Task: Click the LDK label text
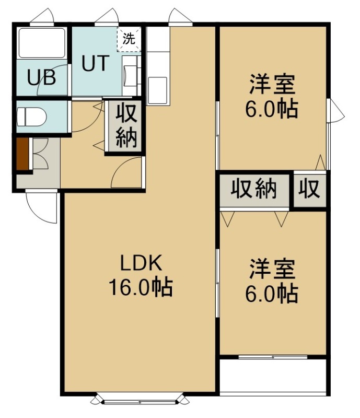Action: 141,263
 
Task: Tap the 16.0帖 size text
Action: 141,287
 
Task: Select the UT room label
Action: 95,63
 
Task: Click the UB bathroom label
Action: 42,77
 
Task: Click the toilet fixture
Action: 31,117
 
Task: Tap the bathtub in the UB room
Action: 41,43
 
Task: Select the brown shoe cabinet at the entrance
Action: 22,154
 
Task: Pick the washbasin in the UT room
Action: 130,76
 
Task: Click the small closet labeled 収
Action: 310,190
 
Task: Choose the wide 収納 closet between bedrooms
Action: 254,190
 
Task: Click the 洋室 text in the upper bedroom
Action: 272,85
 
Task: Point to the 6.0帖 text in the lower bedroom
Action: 272,294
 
